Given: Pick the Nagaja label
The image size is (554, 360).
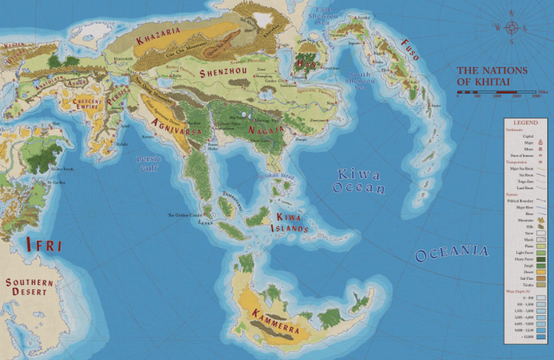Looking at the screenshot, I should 265,130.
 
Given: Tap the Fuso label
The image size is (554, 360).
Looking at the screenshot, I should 410,49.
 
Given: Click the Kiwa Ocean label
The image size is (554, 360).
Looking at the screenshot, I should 359,181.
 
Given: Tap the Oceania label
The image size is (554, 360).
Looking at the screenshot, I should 452,253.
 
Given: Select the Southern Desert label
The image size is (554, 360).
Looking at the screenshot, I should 28,286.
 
